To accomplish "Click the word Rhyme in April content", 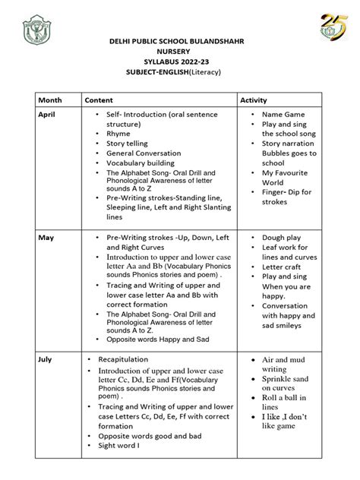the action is click(x=119, y=132).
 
